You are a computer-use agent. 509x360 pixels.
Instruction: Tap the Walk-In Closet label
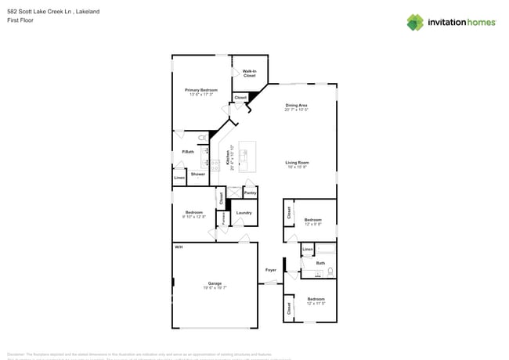coord(250,73)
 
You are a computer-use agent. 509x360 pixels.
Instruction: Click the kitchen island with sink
coord(247,158)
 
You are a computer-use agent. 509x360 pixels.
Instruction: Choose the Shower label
coord(198,174)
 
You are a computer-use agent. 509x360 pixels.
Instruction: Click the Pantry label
coord(251,192)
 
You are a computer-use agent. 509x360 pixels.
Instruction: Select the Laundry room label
coord(244,212)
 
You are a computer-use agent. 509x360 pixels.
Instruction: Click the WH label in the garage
coord(179,247)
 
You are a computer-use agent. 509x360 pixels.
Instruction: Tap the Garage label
coord(215,283)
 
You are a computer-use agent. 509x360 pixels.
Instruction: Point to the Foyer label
coord(271,270)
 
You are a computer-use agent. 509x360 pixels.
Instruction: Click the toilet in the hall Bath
coord(330,271)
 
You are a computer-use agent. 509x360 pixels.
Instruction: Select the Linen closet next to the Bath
coord(308,250)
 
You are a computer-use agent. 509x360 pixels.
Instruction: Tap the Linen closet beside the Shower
coord(179,178)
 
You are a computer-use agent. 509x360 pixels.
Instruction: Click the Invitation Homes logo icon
coord(415,22)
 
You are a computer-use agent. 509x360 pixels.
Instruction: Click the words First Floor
coord(20,20)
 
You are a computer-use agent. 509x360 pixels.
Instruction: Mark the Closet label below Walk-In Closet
coord(240,98)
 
